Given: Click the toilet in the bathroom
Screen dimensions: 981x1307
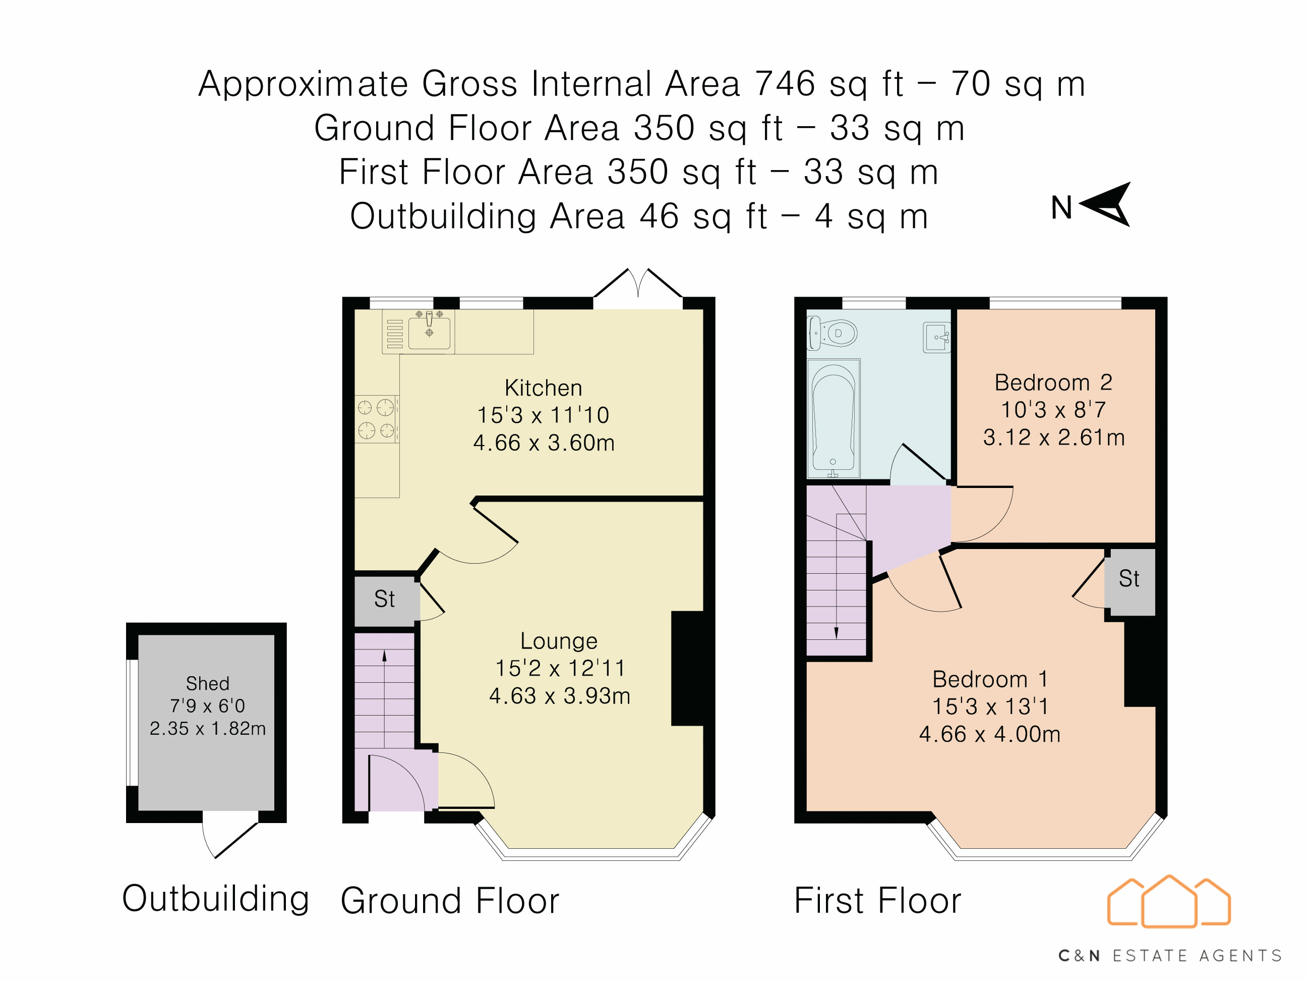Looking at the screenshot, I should pyautogui.click(x=834, y=334).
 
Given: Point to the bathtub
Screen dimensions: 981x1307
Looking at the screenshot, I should pyautogui.click(x=833, y=417).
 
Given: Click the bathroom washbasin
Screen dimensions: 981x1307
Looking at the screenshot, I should pyautogui.click(x=936, y=337).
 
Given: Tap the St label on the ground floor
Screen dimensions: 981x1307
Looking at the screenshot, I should pyautogui.click(x=384, y=599).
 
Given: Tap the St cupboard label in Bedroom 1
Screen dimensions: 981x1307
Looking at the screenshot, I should pyautogui.click(x=1128, y=578).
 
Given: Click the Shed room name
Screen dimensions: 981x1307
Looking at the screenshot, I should pyautogui.click(x=207, y=683).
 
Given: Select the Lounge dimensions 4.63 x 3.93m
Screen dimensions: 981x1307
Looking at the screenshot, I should pyautogui.click(x=559, y=696).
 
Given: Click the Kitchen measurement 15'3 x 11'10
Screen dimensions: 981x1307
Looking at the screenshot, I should pyautogui.click(x=543, y=415).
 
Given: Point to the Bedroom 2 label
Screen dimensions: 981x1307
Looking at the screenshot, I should pyautogui.click(x=1053, y=383).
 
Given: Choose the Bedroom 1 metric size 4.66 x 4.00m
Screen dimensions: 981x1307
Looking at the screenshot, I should pyautogui.click(x=989, y=734).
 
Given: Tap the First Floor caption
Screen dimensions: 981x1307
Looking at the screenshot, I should pyautogui.click(x=877, y=901).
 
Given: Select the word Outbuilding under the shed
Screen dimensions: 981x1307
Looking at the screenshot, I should pyautogui.click(x=216, y=898).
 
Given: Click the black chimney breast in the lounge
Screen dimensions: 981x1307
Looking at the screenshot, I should pyautogui.click(x=687, y=668).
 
